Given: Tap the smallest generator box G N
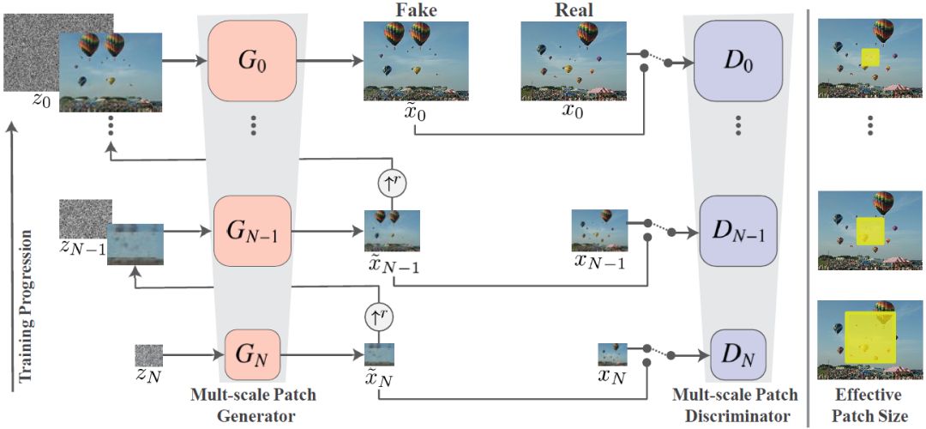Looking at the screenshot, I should coord(252,355).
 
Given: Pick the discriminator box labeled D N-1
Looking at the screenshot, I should coord(738,231).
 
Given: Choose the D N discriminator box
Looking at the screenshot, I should coord(737,355).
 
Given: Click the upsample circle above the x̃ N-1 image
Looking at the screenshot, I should coord(391,183).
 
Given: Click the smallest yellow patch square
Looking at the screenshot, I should coord(869,58).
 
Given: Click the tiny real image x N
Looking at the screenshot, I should coord(613,353).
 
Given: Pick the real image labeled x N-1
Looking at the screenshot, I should coord(599,231).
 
